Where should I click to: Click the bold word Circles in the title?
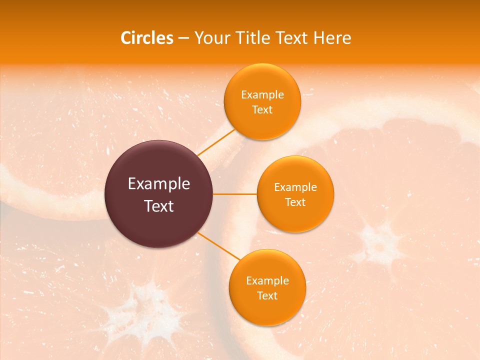[146, 38]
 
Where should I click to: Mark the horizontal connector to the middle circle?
[235, 194]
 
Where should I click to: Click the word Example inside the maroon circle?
[159, 184]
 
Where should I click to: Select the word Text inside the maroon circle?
[159, 206]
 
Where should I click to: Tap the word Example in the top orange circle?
[262, 95]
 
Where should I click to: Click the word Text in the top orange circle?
[262, 110]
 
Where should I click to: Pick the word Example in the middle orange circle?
[295, 187]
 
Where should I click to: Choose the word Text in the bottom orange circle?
[267, 296]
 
